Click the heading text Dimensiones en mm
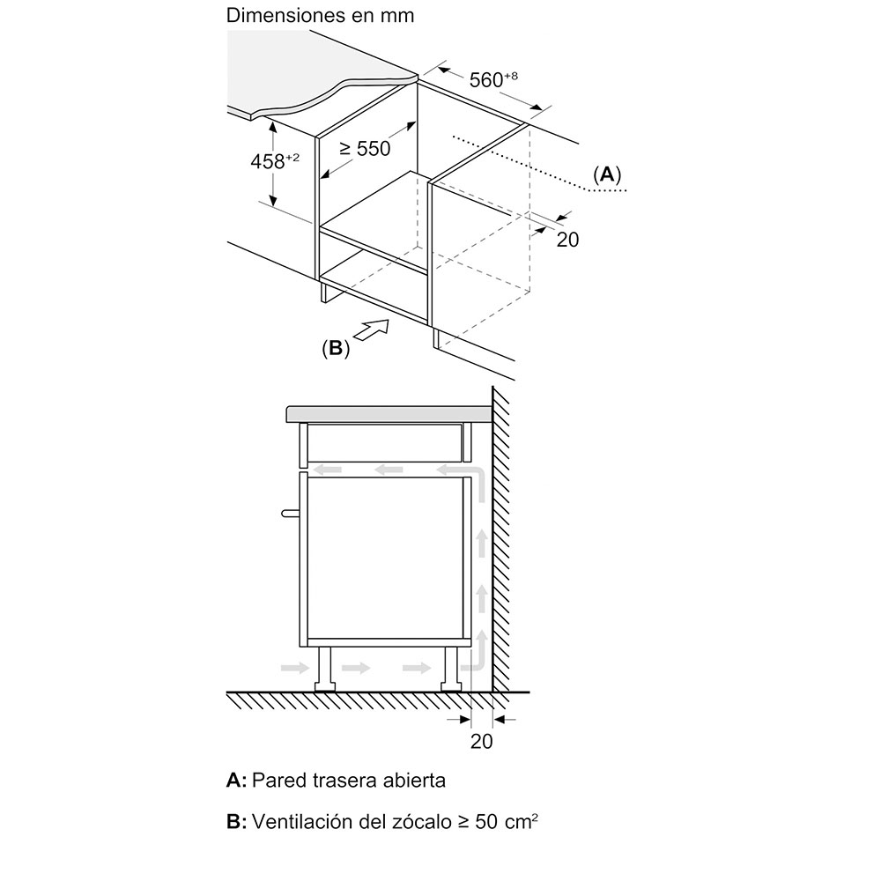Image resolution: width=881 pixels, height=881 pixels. pyautogui.click(x=320, y=15)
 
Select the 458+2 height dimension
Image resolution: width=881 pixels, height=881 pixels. pyautogui.click(x=274, y=161)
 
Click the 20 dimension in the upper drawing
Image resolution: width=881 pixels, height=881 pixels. pyautogui.click(x=568, y=239)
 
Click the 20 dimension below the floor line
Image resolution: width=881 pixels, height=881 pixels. pyautogui.click(x=481, y=741)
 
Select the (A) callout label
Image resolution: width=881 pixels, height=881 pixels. pyautogui.click(x=606, y=174)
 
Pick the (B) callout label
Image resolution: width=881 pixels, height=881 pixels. pyautogui.click(x=336, y=348)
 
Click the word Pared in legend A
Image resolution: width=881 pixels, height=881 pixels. pyautogui.click(x=276, y=780)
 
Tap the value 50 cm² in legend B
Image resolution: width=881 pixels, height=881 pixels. pyautogui.click(x=507, y=822)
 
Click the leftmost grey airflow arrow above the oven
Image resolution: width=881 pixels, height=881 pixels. pyautogui.click(x=328, y=469)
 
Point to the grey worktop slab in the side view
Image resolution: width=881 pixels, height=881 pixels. pyautogui.click(x=388, y=412)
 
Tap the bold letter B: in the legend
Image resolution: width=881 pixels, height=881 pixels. pyautogui.click(x=236, y=822)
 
